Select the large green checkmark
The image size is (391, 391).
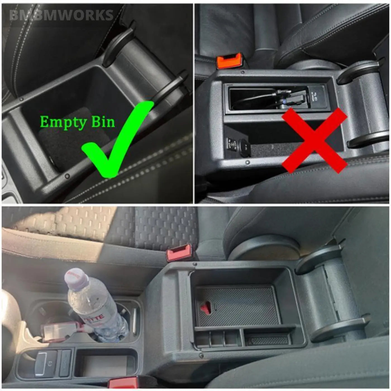(x=117, y=140)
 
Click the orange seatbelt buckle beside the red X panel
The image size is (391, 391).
(x=229, y=62)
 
